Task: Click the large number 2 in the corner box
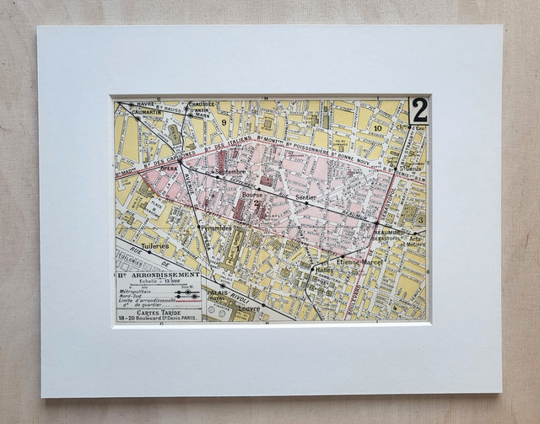pyautogui.click(x=418, y=110)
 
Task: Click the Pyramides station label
pyautogui.click(x=215, y=228)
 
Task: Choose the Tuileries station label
pyautogui.click(x=155, y=246)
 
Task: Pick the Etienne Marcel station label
pyautogui.click(x=360, y=262)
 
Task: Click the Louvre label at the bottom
pyautogui.click(x=249, y=309)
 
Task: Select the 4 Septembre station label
pyautogui.click(x=229, y=172)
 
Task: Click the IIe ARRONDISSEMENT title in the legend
pyautogui.click(x=159, y=275)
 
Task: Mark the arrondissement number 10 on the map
pyautogui.click(x=378, y=128)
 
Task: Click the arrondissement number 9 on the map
pyautogui.click(x=224, y=122)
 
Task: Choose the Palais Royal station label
pyautogui.click(x=221, y=295)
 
